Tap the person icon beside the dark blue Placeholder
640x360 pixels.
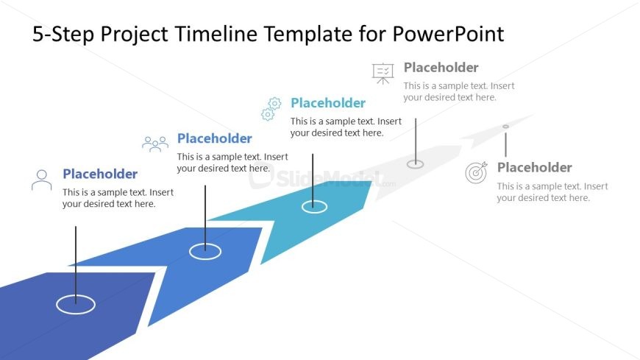[x=42, y=180]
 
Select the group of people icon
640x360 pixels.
[x=155, y=144]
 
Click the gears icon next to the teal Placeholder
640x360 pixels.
[x=271, y=109]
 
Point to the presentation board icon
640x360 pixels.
[x=383, y=73]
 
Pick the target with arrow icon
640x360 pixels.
[x=477, y=173]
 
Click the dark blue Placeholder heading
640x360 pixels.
[x=100, y=174]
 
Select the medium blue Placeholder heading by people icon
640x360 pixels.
[x=214, y=138]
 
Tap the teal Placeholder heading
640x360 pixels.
[x=327, y=103]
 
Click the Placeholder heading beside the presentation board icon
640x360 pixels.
[x=441, y=68]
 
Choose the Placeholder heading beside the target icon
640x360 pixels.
[x=534, y=168]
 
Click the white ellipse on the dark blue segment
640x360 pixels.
[x=76, y=303]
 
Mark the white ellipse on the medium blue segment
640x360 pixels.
[x=205, y=251]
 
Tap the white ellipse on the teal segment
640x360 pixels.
[x=314, y=207]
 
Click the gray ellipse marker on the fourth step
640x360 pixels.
[x=416, y=163]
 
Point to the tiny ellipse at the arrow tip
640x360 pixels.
[x=505, y=127]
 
